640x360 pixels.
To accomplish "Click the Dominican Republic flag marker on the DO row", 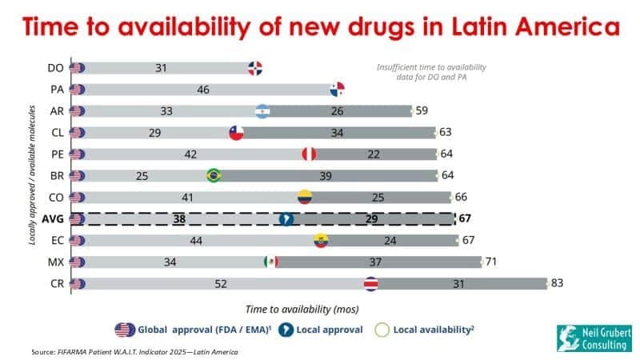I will point(256,68).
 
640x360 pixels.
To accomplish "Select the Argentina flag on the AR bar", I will point(264,111).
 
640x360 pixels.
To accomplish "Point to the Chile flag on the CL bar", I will point(236,133).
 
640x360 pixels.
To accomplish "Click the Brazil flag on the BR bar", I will point(214,175).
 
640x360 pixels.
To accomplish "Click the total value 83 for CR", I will point(559,283).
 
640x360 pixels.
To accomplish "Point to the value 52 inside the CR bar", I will point(220,283).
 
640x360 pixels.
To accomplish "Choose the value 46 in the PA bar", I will point(203,90).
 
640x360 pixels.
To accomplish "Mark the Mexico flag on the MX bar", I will point(270,262).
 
